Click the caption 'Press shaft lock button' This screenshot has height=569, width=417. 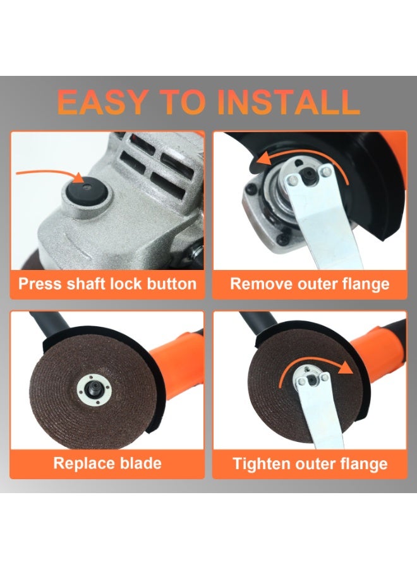coord(107,283)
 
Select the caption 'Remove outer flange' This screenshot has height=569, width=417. coord(310,283)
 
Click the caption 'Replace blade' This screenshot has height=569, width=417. coord(107,463)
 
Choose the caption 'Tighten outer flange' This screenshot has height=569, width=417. coord(310,463)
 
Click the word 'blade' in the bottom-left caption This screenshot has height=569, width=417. coord(139,463)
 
